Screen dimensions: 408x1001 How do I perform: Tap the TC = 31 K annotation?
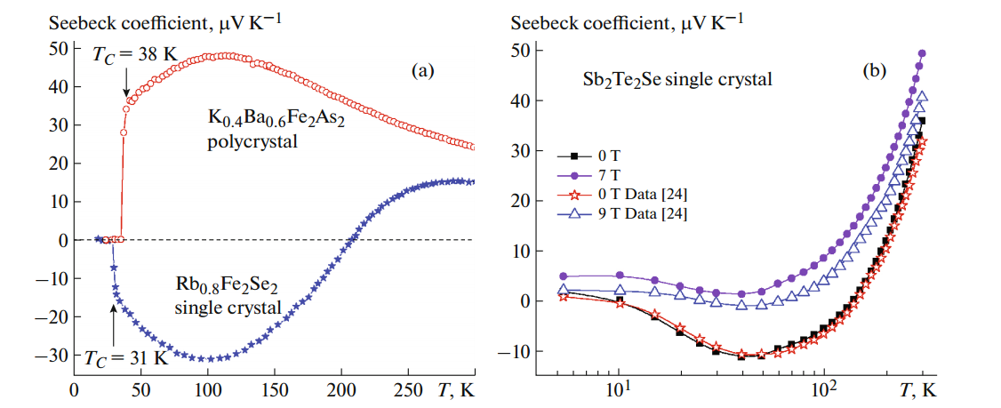click(x=125, y=358)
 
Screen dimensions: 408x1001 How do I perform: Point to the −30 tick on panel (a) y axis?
click(x=43, y=355)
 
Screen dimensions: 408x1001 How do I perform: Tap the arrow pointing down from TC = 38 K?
click(x=126, y=84)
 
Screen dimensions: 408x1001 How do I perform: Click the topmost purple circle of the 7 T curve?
click(x=922, y=53)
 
